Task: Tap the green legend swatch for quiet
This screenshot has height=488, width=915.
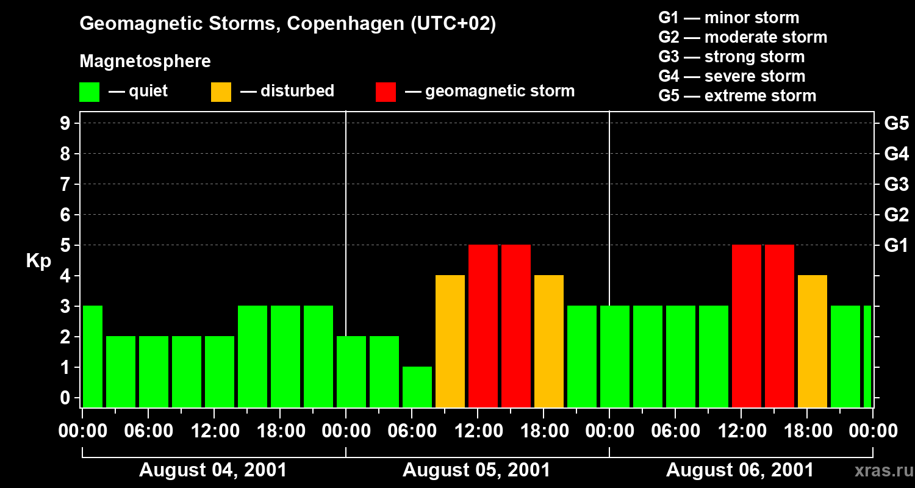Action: (90, 92)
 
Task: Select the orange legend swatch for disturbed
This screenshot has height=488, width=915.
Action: (221, 92)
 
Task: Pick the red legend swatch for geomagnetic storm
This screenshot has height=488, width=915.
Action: (386, 92)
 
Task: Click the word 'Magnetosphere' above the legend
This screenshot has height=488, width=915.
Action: (145, 62)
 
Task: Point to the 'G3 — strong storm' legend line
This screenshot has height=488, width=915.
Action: (731, 57)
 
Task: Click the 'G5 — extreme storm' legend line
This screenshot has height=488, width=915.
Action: (737, 96)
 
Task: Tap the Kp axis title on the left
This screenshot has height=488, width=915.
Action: (38, 261)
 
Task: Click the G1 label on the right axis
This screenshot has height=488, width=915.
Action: (896, 246)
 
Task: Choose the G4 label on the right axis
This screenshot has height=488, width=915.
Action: (896, 154)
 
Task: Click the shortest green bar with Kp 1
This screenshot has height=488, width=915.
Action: (417, 387)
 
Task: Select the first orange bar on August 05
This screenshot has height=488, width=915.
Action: (450, 341)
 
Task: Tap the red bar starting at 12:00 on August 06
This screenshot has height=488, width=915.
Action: (747, 326)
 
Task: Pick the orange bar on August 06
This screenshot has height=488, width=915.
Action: (813, 341)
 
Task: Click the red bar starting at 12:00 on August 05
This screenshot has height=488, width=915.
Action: (483, 326)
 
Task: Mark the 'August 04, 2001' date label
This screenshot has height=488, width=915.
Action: (213, 470)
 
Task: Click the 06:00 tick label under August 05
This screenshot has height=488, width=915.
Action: (412, 431)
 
